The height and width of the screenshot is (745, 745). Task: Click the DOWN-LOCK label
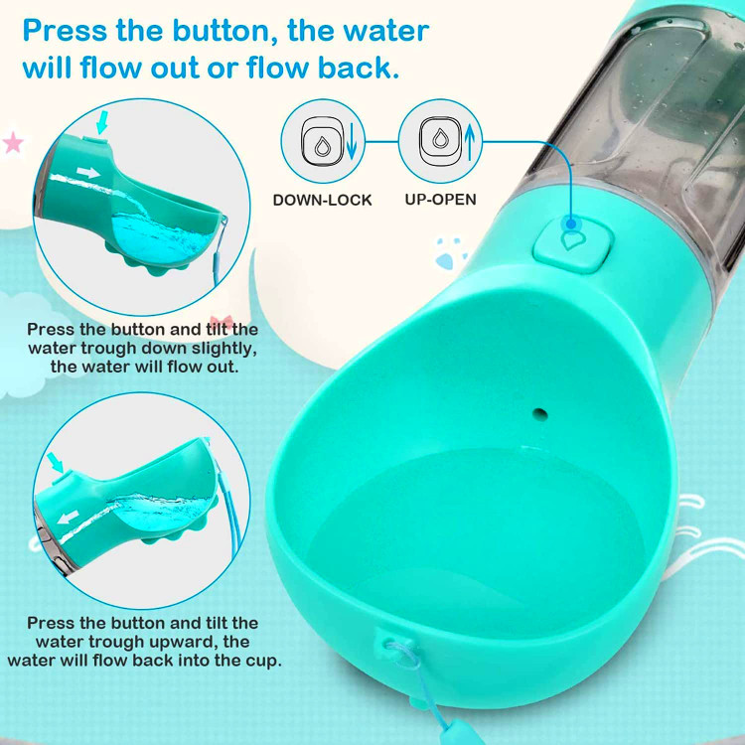[x=322, y=200]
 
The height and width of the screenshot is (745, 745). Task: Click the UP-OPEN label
[x=440, y=199]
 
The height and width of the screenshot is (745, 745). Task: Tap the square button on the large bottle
[x=573, y=245]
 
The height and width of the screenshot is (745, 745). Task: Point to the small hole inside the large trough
[x=539, y=415]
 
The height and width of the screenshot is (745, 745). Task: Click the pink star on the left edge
[x=13, y=142]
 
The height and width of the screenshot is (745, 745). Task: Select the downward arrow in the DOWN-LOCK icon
[x=352, y=141]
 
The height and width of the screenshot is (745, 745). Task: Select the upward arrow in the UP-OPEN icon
[x=470, y=142]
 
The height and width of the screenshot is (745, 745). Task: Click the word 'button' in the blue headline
[x=225, y=32]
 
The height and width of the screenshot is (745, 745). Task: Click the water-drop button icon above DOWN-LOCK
[x=322, y=141]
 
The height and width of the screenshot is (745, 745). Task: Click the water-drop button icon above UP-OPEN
[x=440, y=139]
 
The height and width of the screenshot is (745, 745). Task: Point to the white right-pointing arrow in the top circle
[x=87, y=173]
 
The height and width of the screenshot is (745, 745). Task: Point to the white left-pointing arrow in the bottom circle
[x=69, y=517]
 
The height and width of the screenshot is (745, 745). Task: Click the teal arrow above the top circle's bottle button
[x=102, y=123]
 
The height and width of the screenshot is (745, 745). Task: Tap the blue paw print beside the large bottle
[x=448, y=254]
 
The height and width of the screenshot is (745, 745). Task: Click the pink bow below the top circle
[x=222, y=322]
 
